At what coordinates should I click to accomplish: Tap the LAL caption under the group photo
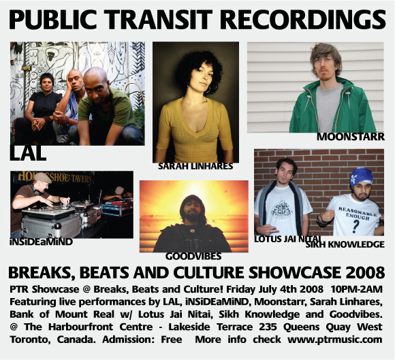[x=28, y=153]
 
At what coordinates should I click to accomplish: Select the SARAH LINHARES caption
[x=195, y=166]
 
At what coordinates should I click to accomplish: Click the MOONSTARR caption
[x=351, y=137]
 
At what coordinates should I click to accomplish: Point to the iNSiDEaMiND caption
[x=42, y=242]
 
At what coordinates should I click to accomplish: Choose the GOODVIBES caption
[x=193, y=257]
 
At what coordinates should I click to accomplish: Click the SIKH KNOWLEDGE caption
[x=345, y=244]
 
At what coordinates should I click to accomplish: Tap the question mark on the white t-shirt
[x=355, y=226]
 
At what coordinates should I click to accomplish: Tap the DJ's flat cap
[x=42, y=178]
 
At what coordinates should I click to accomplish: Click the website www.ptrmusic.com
[x=335, y=340]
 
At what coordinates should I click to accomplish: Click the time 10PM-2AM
[x=356, y=289]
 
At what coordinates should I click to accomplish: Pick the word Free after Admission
[x=172, y=340]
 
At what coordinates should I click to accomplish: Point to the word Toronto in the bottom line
[x=28, y=340]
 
